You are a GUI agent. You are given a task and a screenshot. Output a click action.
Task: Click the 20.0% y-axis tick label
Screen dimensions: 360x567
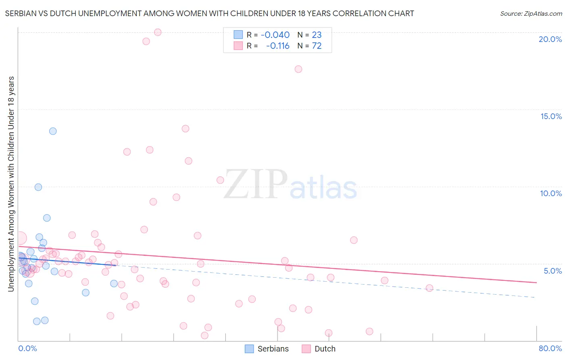[x=550, y=39]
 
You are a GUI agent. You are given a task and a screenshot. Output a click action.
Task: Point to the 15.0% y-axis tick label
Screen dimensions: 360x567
[x=551, y=116]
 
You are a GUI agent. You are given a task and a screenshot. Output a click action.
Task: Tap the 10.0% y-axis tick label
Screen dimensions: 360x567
[x=551, y=193]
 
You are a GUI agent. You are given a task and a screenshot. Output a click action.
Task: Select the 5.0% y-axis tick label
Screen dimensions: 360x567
[x=552, y=271]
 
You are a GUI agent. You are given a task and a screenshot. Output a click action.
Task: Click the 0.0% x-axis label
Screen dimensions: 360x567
[x=27, y=348]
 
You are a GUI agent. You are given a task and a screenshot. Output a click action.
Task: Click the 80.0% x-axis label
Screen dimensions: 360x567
[x=550, y=348]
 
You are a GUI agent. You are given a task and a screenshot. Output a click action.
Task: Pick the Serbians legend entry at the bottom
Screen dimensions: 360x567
[x=267, y=349]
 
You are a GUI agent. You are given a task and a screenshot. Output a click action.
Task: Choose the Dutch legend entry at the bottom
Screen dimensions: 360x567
[x=319, y=349]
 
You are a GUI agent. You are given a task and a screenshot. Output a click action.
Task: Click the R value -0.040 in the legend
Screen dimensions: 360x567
[x=275, y=35]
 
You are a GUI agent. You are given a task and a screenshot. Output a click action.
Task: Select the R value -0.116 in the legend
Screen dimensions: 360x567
[x=277, y=46]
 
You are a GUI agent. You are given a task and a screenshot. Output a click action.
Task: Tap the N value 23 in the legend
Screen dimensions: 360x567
[x=317, y=35]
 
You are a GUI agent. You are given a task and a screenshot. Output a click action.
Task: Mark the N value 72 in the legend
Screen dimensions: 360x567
[x=317, y=46]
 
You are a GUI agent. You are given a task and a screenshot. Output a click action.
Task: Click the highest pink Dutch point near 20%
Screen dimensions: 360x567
[x=158, y=32]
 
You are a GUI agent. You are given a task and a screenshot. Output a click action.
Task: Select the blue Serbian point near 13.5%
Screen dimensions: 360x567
[x=53, y=131]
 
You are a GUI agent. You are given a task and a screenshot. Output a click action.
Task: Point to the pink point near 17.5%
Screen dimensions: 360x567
[x=298, y=69]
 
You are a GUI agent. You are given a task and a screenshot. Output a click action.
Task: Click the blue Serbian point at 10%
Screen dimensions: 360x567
[x=38, y=187]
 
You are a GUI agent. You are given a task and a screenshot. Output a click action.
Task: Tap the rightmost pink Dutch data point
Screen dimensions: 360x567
[x=429, y=288]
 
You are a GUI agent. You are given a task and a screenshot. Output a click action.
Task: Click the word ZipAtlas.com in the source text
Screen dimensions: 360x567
[x=542, y=14]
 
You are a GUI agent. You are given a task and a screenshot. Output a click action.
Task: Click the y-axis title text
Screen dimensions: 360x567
[x=11, y=184]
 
